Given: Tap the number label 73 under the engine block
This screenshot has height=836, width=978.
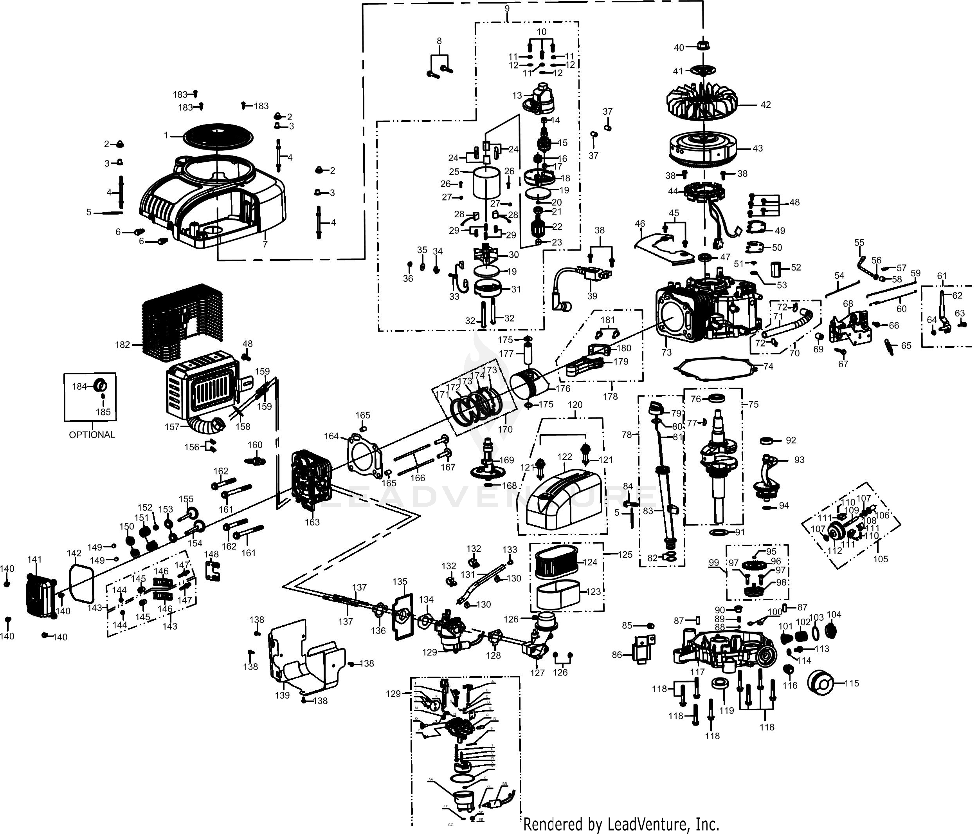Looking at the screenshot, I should [666, 352].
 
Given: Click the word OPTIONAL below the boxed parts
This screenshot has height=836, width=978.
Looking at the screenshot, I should [92, 435].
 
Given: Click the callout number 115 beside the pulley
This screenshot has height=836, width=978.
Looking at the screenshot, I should [852, 683].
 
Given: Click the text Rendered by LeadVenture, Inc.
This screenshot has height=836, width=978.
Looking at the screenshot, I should [621, 824].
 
